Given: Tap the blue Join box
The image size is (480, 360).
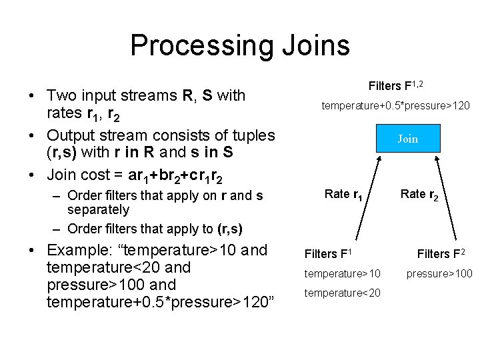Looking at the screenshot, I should click(x=407, y=139).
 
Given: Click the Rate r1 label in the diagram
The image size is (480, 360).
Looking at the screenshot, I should click(x=343, y=194).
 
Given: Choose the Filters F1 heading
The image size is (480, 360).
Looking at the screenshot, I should click(x=328, y=253).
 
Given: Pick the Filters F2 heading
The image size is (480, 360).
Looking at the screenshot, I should click(x=441, y=253).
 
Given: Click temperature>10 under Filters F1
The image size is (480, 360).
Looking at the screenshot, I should click(x=343, y=273).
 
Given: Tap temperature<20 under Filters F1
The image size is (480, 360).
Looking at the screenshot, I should click(x=343, y=293).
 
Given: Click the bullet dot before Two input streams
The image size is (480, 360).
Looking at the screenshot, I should click(x=32, y=96).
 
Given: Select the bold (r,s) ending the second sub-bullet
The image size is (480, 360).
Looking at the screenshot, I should click(x=231, y=229).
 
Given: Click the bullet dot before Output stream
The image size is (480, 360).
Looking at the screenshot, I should click(x=32, y=136).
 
